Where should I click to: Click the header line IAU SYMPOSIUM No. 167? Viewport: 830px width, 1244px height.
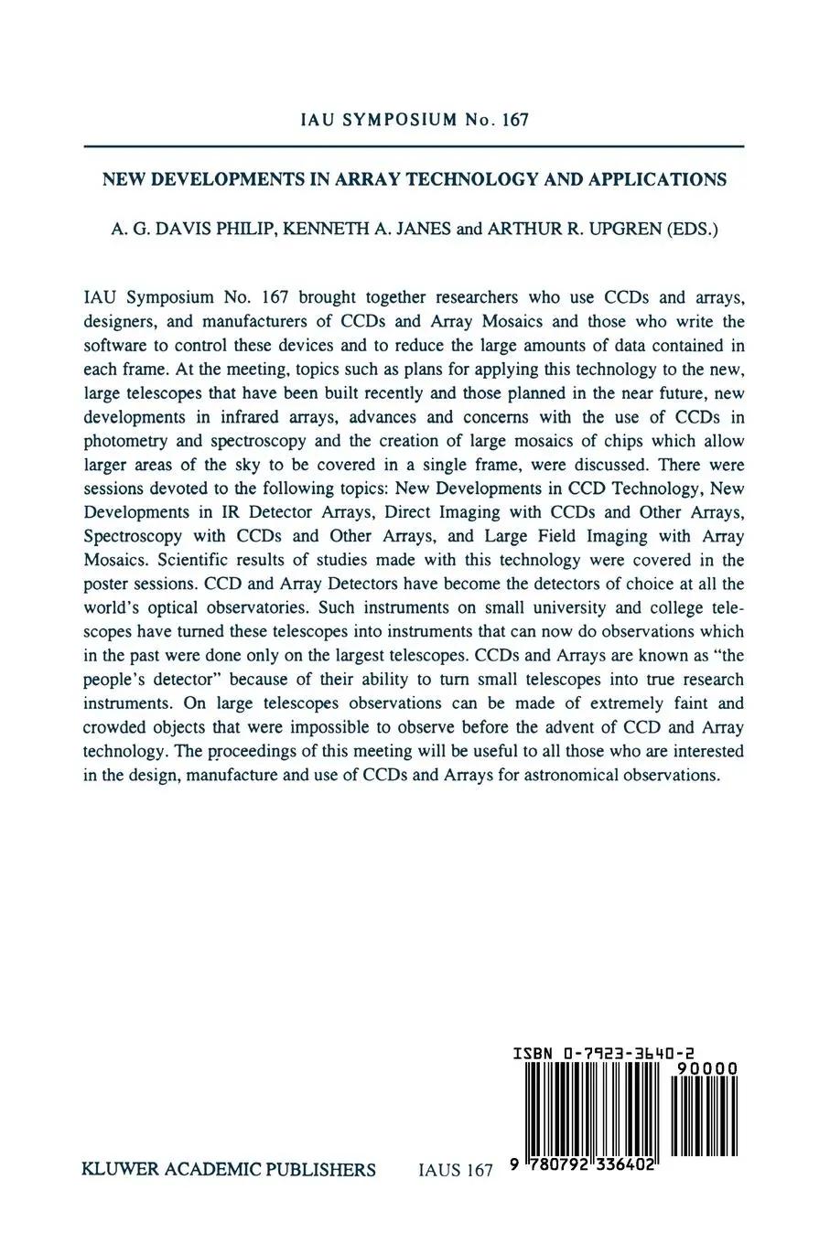(415, 120)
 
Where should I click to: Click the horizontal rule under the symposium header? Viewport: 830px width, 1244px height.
(414, 146)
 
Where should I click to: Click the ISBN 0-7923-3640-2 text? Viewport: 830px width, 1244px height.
(603, 1054)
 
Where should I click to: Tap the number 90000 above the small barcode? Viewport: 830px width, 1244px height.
(706, 1069)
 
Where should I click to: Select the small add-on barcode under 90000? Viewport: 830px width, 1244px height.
(704, 1116)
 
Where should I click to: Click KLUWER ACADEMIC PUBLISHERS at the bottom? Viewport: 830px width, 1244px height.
(229, 1170)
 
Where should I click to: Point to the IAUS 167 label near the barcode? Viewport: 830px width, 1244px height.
(455, 1170)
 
